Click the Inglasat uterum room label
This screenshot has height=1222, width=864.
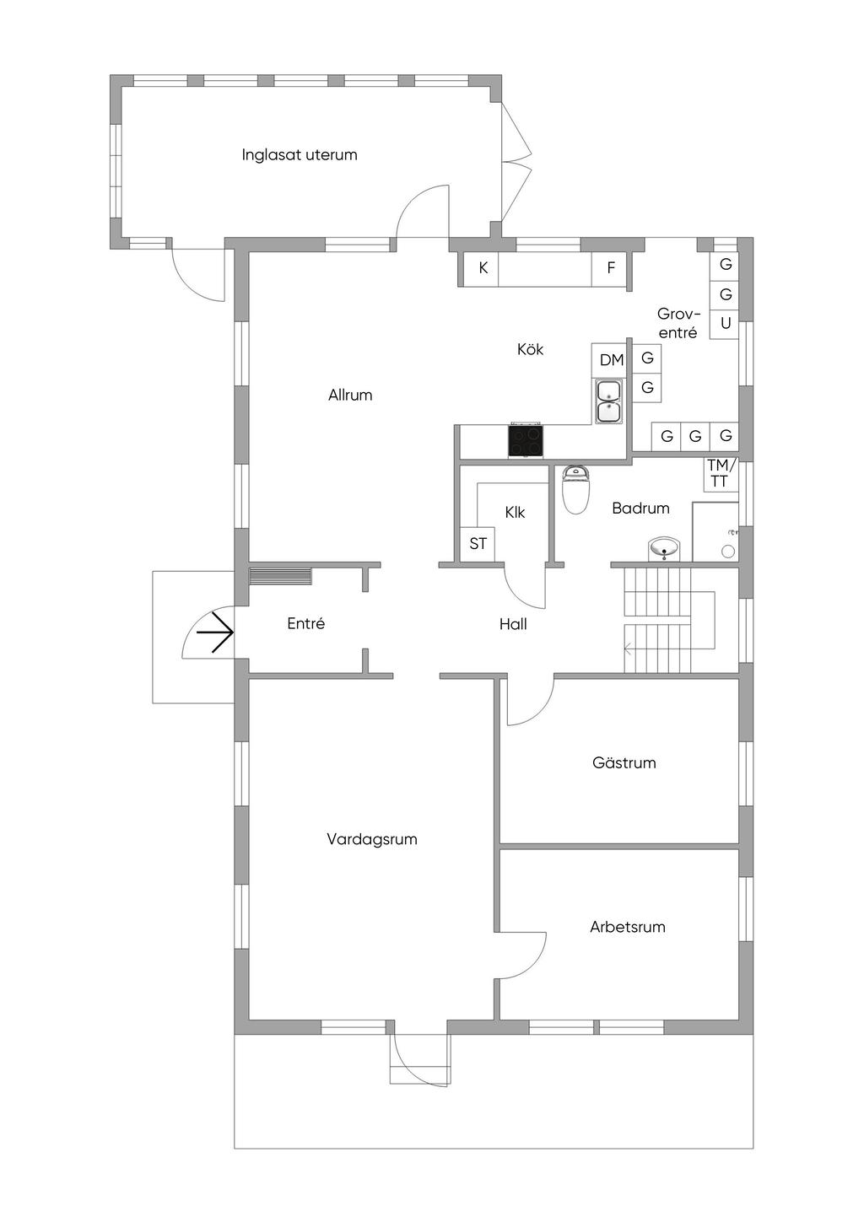click(x=299, y=155)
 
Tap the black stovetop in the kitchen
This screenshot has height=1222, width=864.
click(x=526, y=440)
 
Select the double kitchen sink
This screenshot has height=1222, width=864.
click(x=608, y=401)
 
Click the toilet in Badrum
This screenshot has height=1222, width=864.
click(x=575, y=489)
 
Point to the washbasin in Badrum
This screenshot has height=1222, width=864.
click(x=664, y=548)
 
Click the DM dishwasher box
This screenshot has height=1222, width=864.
click(x=611, y=360)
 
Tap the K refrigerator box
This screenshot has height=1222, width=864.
click(x=483, y=268)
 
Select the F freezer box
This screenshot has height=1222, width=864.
click(x=611, y=268)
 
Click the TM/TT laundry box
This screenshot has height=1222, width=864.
click(x=721, y=474)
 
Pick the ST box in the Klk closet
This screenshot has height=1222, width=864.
click(x=478, y=544)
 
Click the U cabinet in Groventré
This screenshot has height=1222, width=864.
click(x=725, y=324)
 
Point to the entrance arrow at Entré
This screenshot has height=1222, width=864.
click(x=215, y=633)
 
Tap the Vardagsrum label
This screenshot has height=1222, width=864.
click(x=372, y=839)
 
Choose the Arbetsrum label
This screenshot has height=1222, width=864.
click(x=627, y=927)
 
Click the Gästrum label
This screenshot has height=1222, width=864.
click(x=624, y=762)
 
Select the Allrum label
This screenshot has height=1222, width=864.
click(x=350, y=395)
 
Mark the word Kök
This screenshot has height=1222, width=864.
click(x=530, y=349)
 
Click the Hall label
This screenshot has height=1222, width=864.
click(x=513, y=624)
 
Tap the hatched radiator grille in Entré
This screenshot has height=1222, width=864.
click(x=280, y=576)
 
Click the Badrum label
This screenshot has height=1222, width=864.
click(x=640, y=509)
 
